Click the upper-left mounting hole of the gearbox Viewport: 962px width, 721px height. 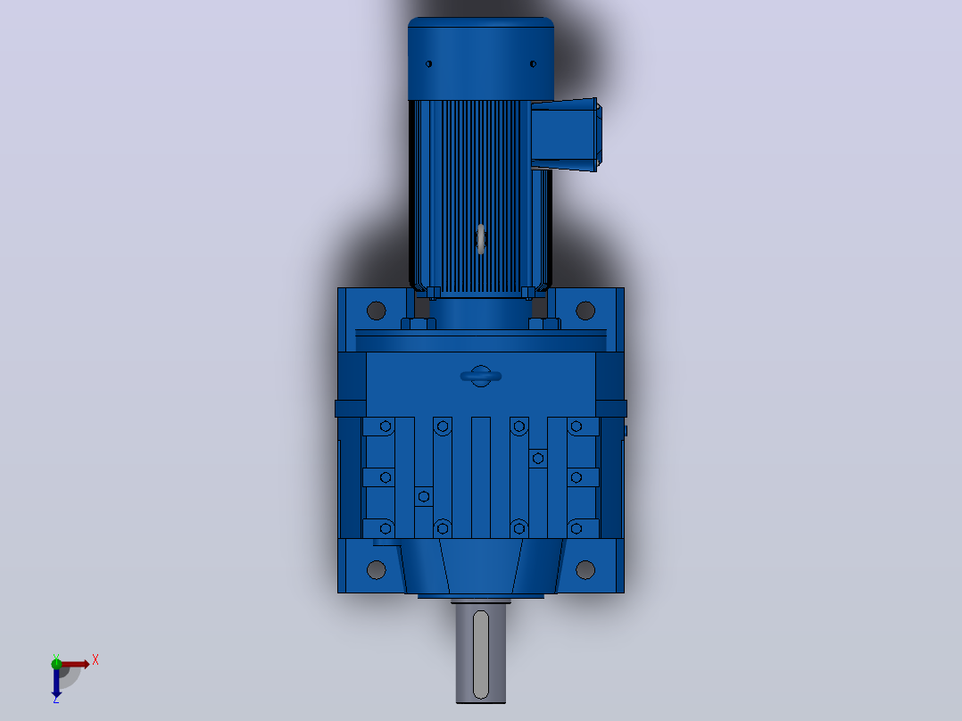[376, 311]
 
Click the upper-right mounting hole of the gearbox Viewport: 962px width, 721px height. [585, 311]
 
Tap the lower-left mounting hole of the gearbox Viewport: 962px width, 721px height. [376, 570]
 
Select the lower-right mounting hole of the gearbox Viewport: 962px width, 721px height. [585, 570]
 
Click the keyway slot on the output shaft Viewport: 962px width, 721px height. [481, 654]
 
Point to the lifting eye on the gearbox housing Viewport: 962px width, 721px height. [481, 377]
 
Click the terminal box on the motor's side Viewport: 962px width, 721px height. [567, 135]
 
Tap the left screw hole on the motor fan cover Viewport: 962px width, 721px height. [429, 64]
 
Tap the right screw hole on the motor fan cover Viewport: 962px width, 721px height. [533, 64]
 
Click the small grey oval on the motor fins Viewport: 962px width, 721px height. [481, 238]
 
